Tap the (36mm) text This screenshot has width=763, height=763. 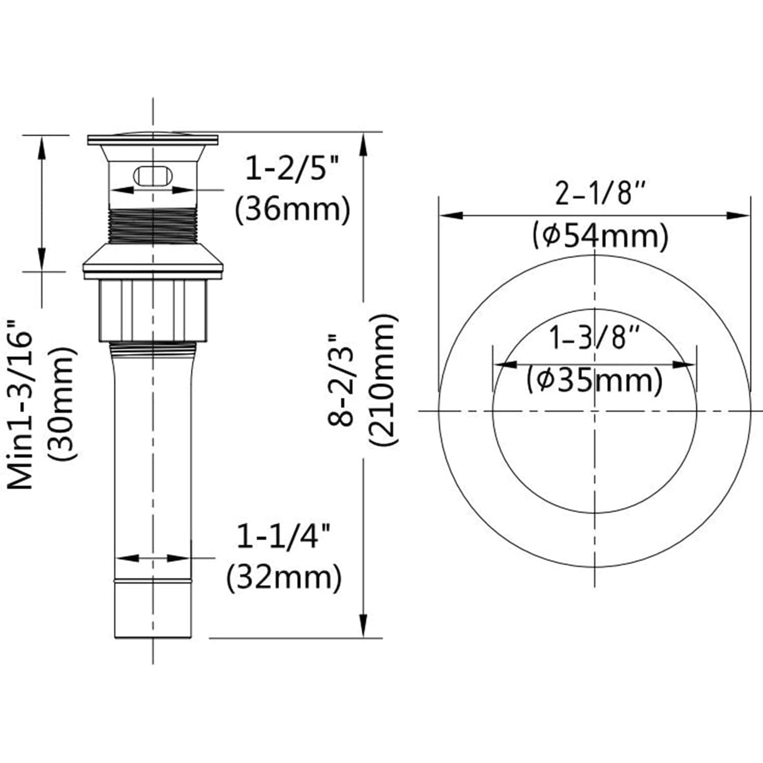click(x=292, y=209)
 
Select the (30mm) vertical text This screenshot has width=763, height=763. click(x=62, y=404)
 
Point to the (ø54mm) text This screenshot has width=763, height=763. click(x=600, y=236)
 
